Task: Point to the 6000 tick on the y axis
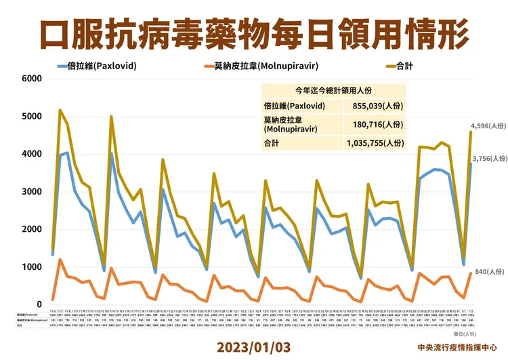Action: point(32,79)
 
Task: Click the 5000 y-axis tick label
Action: point(32,117)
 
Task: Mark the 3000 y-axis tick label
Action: point(32,192)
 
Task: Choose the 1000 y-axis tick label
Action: point(32,267)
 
